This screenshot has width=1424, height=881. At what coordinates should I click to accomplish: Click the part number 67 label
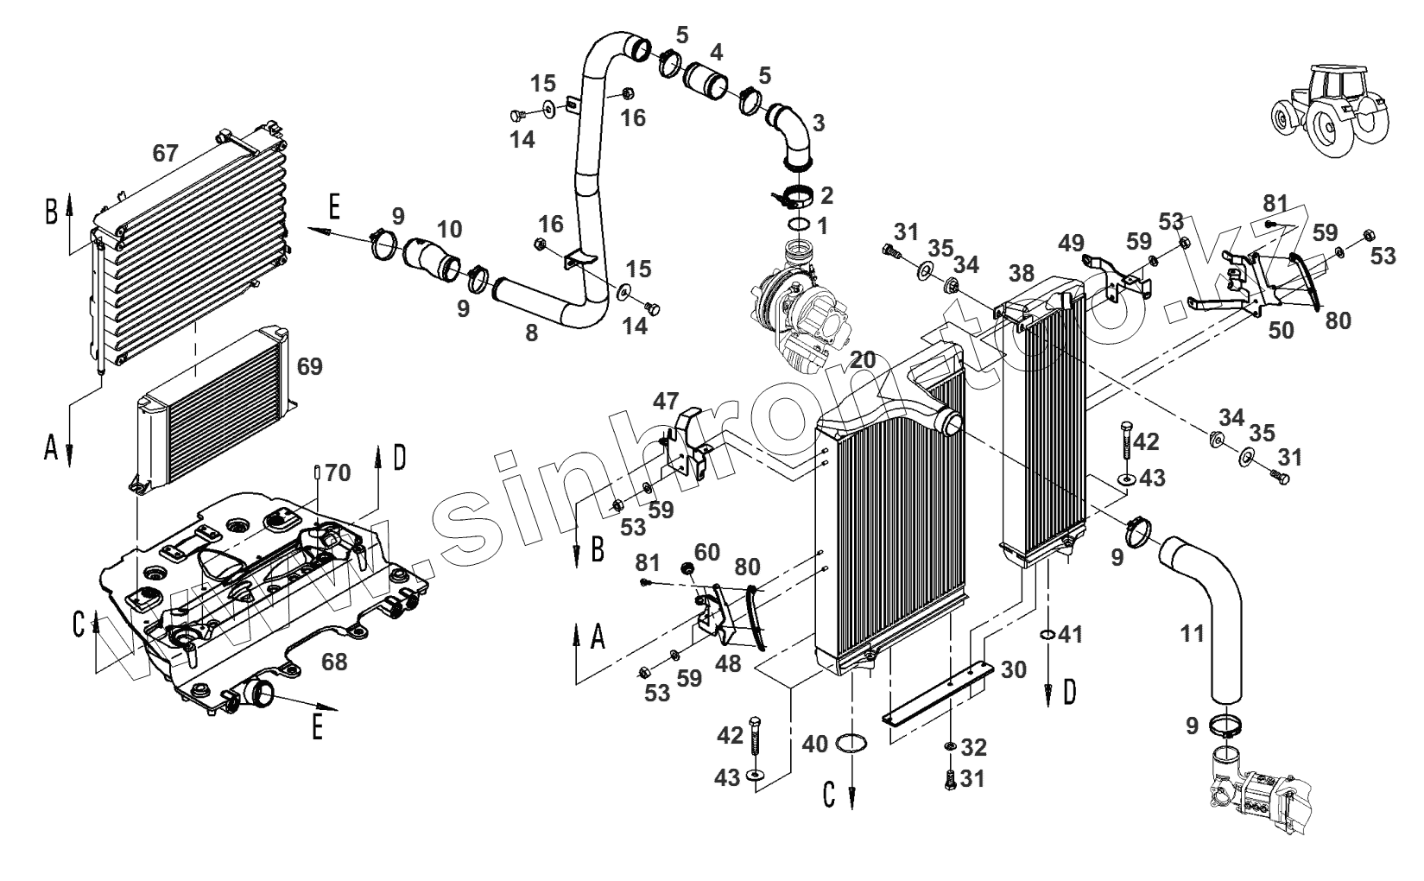tap(165, 154)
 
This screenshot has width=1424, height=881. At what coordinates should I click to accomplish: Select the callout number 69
tap(309, 366)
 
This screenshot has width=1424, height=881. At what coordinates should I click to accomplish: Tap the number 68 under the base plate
tap(334, 662)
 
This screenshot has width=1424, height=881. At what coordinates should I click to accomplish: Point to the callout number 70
tap(339, 472)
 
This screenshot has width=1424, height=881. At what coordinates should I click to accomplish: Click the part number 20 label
tap(862, 359)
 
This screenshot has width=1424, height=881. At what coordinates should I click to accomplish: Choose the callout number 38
tap(1021, 274)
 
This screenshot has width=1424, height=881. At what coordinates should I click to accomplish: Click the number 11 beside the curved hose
tap(1192, 634)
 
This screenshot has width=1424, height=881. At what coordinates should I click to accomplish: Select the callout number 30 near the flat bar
tap(1014, 669)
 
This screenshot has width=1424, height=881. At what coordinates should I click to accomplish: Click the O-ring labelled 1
tap(799, 226)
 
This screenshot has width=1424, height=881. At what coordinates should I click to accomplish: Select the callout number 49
tap(1072, 243)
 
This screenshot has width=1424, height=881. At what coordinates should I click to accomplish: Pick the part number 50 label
tap(1282, 330)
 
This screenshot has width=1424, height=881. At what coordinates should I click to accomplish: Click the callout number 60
tap(706, 550)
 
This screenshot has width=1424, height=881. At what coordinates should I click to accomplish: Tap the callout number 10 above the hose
tap(449, 229)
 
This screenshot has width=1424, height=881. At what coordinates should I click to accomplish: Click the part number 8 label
tap(531, 332)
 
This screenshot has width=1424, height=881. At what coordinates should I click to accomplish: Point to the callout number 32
tap(973, 746)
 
